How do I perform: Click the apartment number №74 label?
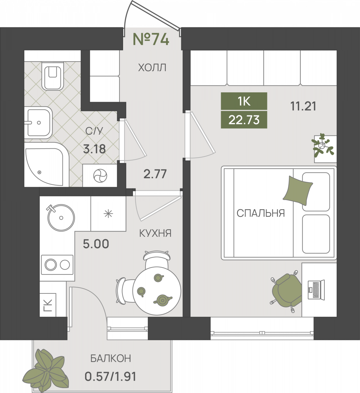[151, 39]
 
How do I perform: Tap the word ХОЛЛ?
[152, 67]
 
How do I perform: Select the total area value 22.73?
[244, 120]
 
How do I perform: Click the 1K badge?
[244, 101]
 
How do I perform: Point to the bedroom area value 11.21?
[303, 106]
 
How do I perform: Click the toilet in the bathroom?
[52, 76]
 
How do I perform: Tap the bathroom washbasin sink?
[38, 122]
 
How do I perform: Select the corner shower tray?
[46, 164]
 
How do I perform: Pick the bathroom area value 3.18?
[94, 149]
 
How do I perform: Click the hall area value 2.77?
[155, 174]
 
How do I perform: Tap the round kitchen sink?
[61, 217]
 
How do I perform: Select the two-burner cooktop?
[57, 265]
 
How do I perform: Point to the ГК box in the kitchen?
[48, 305]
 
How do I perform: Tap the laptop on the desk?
[316, 290]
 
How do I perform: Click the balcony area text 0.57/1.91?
[110, 377]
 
